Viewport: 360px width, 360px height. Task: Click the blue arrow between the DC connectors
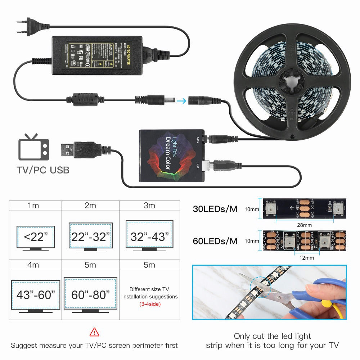point(182,101)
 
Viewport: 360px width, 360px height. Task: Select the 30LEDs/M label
point(215,209)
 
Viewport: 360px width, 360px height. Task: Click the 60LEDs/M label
point(215,241)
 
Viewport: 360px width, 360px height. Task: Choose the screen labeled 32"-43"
point(149,236)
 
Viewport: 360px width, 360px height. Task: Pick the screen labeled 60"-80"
point(90,295)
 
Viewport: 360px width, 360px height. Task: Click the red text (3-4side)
point(150,304)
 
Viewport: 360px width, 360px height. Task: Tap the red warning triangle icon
point(94,332)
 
